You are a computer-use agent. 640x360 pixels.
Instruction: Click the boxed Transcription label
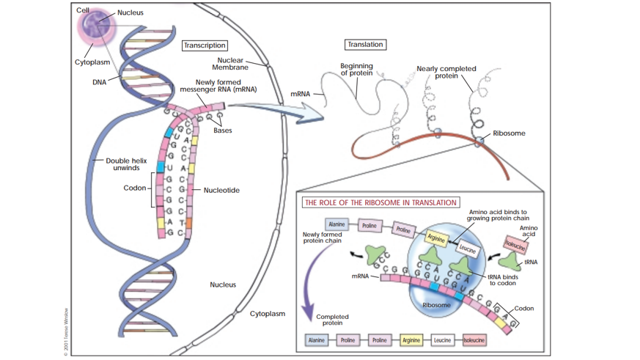click(205, 45)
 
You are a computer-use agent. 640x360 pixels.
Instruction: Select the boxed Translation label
click(365, 45)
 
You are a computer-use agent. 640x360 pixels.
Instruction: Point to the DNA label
click(99, 82)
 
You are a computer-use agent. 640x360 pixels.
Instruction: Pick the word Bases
click(223, 131)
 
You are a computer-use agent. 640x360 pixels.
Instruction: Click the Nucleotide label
click(221, 190)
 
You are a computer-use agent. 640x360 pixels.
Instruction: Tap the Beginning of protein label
click(356, 70)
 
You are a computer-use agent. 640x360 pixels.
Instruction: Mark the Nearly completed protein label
click(446, 72)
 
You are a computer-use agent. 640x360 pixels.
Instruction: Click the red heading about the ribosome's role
click(380, 202)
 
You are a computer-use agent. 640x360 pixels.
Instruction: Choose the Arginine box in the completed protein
click(411, 340)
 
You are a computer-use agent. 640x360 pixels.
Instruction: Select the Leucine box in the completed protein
click(443, 340)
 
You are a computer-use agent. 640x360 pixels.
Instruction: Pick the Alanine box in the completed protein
click(317, 340)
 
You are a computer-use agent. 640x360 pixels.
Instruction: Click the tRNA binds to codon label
click(503, 280)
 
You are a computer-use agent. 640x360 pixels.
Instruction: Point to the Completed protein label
click(332, 320)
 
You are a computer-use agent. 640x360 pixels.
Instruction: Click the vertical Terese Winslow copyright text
click(65, 331)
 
